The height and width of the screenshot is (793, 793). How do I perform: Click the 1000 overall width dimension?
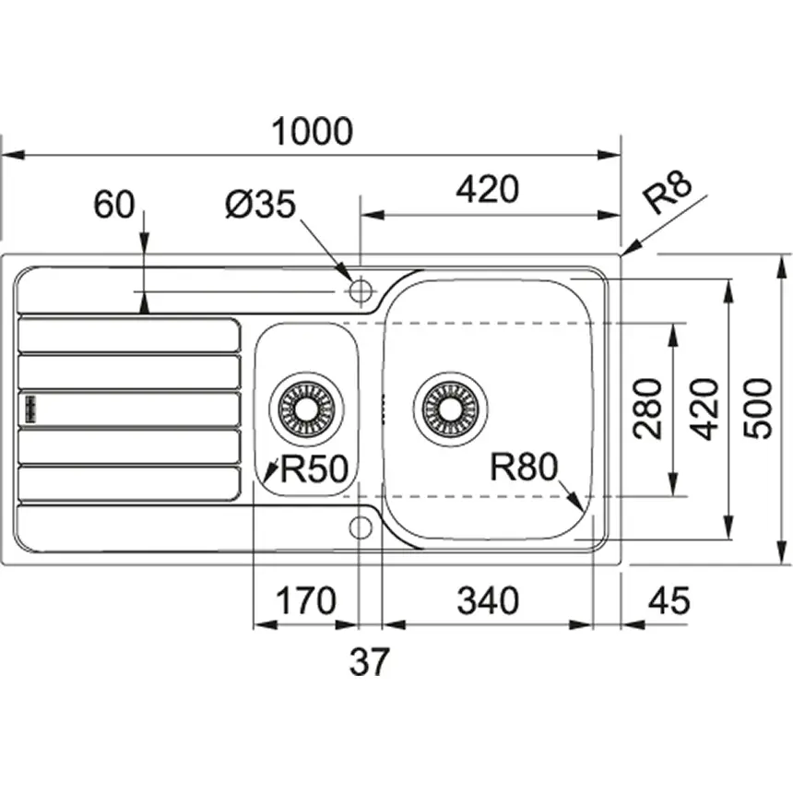(x=313, y=132)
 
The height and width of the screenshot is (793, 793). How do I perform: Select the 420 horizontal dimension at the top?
(x=488, y=190)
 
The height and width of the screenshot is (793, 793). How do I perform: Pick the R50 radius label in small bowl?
(x=313, y=471)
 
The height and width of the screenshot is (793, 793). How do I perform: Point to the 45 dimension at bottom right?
(x=669, y=602)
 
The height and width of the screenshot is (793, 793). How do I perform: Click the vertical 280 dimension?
(x=649, y=408)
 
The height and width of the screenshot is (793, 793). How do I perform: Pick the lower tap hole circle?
(x=361, y=526)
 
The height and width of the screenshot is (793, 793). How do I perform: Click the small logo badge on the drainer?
(x=29, y=408)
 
